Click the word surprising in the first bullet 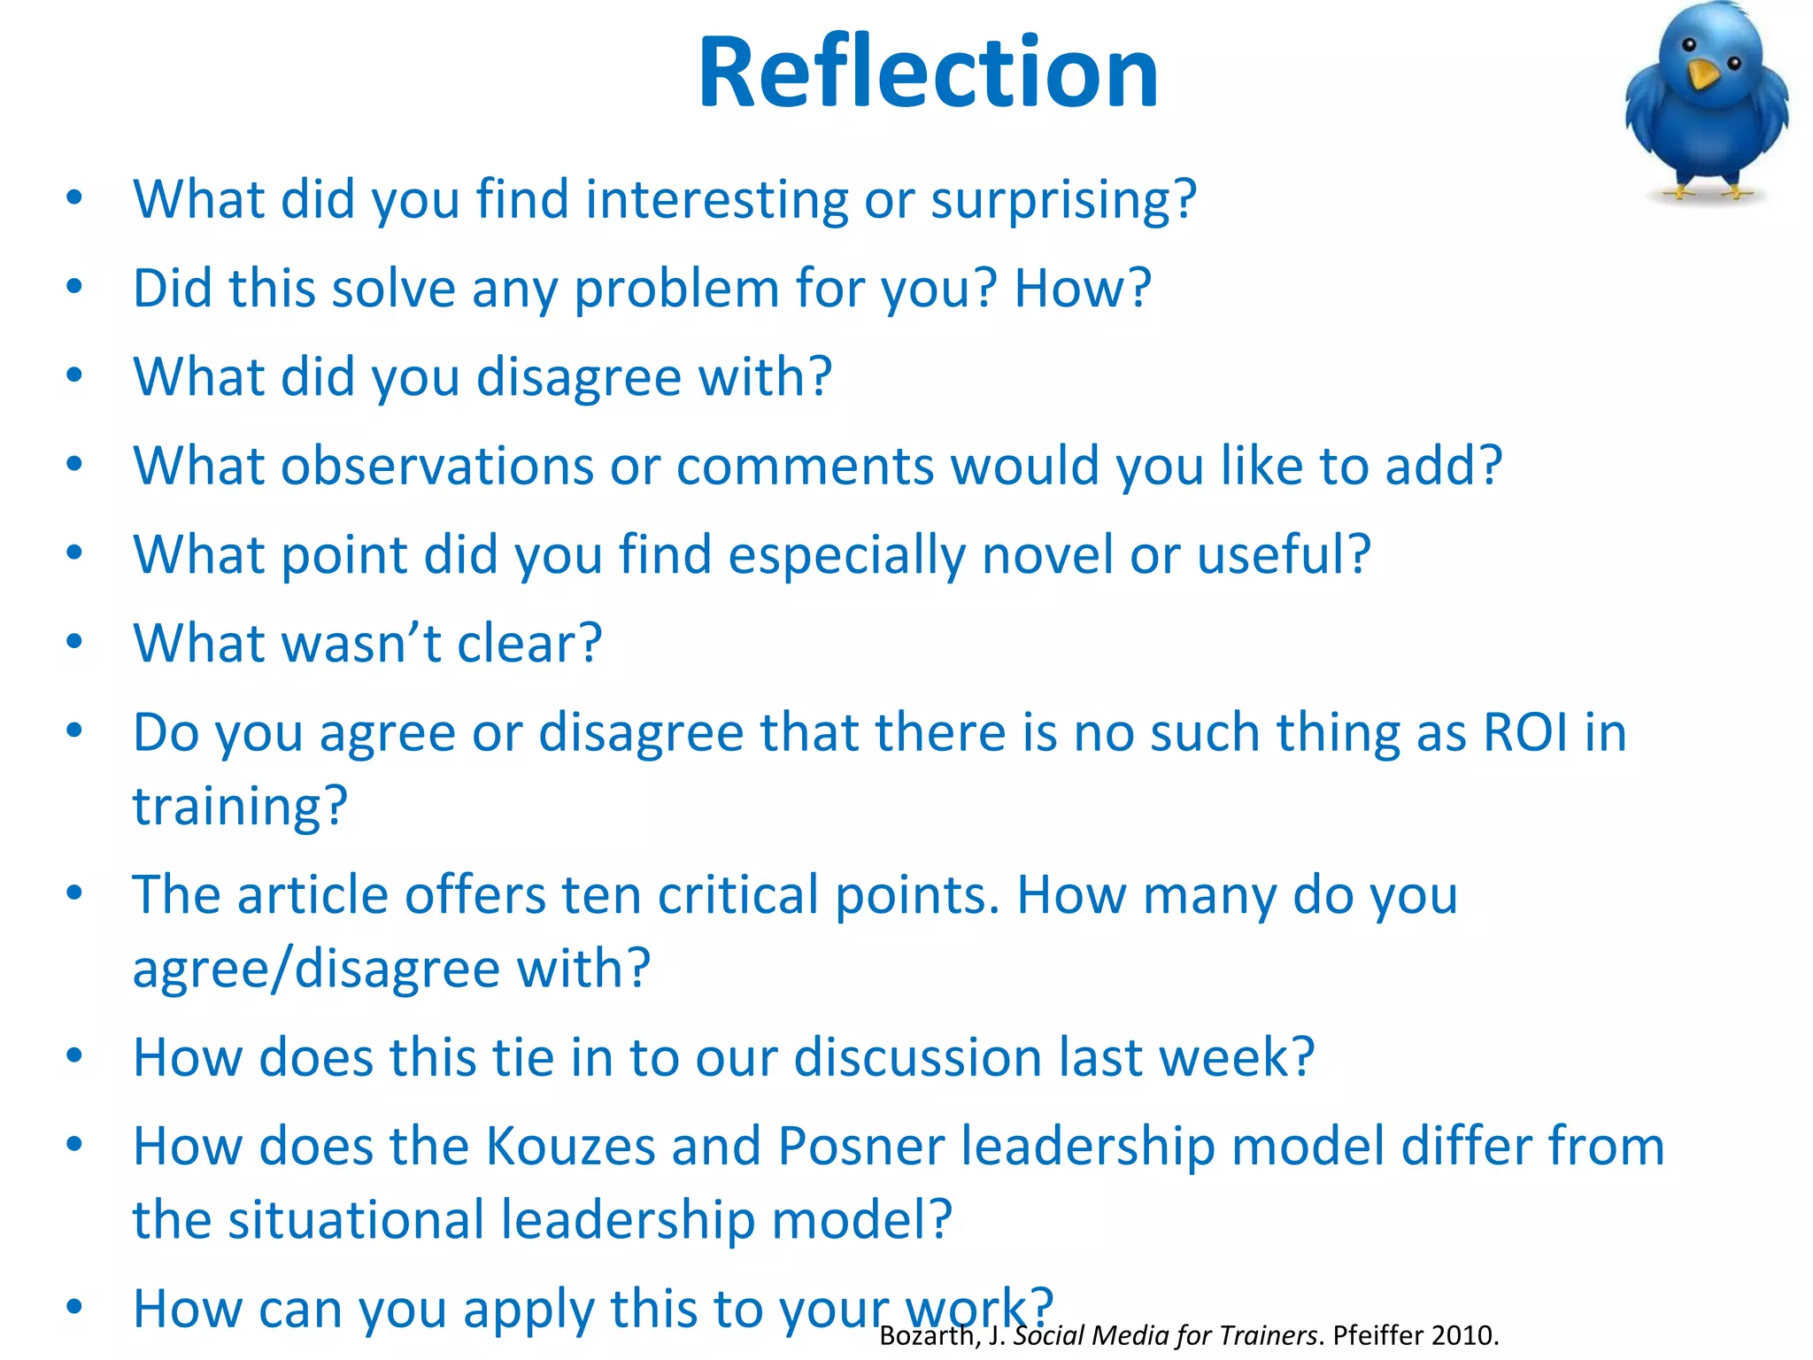1062,200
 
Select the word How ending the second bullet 1082,289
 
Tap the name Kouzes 570,1147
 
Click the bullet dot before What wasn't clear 74,641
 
